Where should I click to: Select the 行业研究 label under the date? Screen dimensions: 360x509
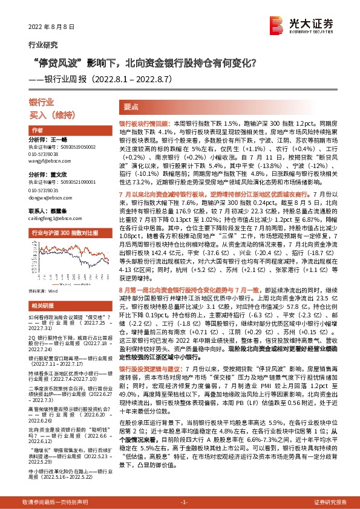tap(43, 44)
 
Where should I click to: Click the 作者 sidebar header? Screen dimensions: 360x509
tap(37, 130)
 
